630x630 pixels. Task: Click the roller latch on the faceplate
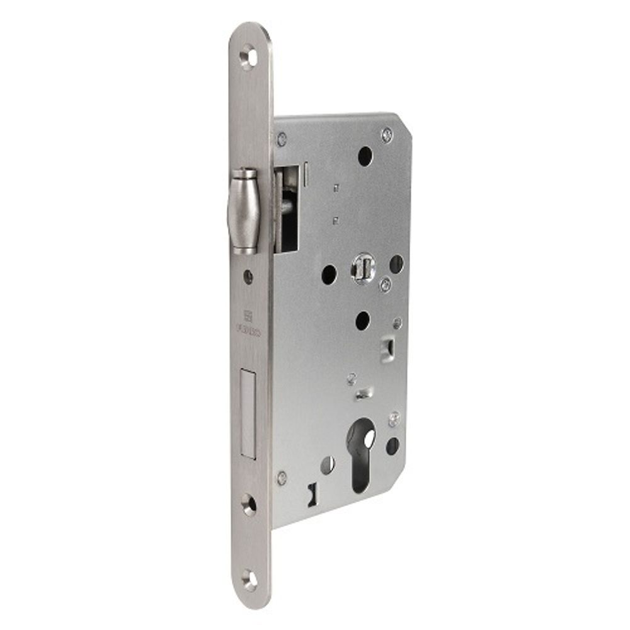point(244,210)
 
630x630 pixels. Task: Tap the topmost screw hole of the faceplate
point(249,57)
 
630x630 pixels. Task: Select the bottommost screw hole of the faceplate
point(249,579)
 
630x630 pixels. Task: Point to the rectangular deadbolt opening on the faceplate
point(246,414)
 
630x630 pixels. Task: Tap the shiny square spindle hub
point(364,267)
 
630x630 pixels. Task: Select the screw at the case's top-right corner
point(387,134)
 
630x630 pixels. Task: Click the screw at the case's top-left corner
point(282,137)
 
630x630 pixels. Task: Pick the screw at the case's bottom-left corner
point(282,477)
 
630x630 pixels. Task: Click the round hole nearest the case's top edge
point(365,156)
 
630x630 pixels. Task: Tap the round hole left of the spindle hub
point(329,274)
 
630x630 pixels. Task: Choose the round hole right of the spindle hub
point(396,263)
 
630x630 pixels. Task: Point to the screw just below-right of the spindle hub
point(384,285)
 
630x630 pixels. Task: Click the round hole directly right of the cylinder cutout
point(392,446)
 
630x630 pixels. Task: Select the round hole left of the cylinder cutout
point(328,465)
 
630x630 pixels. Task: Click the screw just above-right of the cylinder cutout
point(394,418)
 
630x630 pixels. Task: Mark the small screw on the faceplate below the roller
point(248,276)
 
